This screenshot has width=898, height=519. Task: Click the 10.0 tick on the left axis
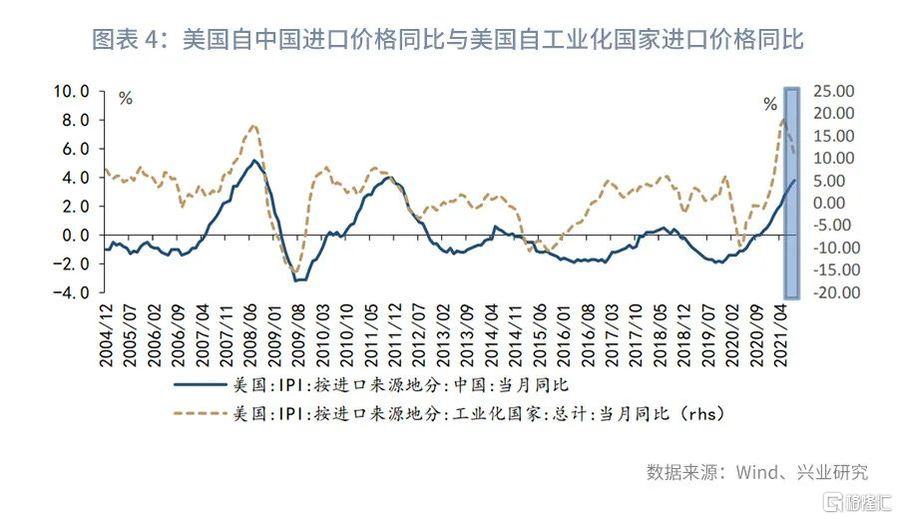tap(73, 91)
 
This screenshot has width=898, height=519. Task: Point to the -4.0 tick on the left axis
tap(73, 293)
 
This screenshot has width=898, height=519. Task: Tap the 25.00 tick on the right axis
tap(834, 91)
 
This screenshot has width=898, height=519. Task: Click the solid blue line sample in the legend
tap(198, 382)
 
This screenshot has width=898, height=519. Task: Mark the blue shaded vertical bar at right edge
tap(792, 193)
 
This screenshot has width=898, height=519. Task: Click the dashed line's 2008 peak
tap(252, 126)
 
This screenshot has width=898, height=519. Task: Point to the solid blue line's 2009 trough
tap(296, 280)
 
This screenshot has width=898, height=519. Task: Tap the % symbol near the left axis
tap(125, 98)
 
